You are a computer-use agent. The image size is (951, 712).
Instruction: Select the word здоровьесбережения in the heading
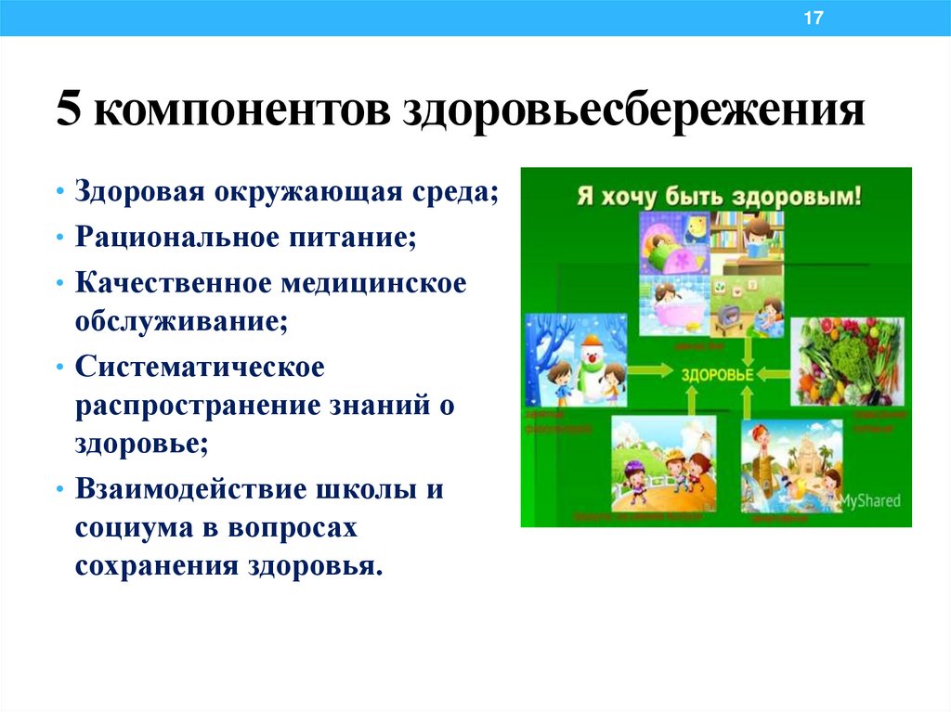tap(632, 112)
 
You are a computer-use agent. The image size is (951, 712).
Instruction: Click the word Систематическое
tap(201, 367)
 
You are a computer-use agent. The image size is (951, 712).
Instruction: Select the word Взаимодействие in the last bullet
tap(194, 488)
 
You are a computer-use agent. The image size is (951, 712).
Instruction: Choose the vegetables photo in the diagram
tap(846, 360)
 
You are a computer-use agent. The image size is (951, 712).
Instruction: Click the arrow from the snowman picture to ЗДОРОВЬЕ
tap(654, 373)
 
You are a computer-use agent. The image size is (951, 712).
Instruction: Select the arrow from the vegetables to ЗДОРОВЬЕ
tap(768, 374)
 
